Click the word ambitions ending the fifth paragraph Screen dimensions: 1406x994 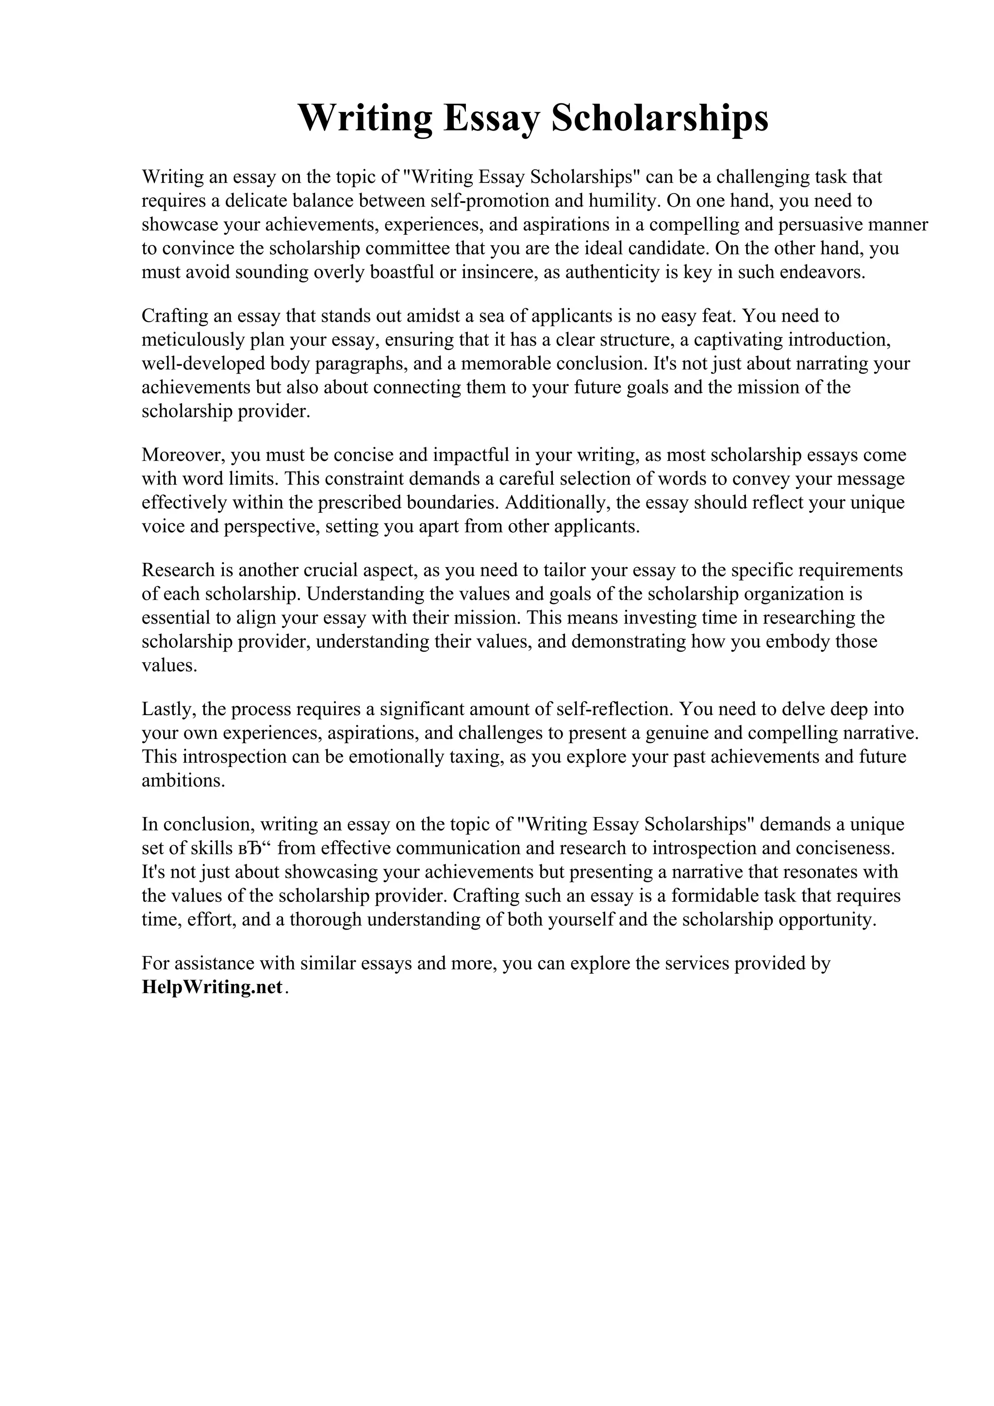tap(182, 781)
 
